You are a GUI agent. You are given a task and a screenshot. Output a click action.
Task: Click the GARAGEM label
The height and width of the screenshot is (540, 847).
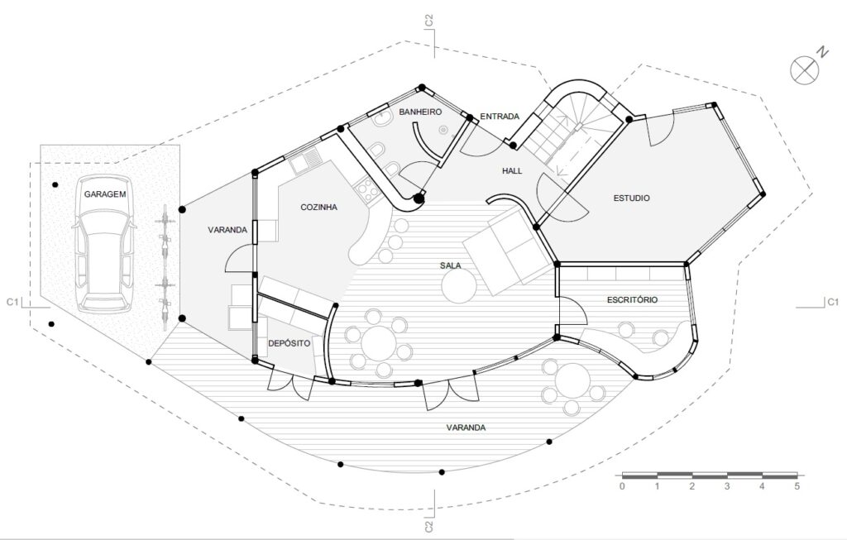click(105, 194)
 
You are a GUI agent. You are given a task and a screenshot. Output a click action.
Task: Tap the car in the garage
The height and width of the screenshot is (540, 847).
click(103, 244)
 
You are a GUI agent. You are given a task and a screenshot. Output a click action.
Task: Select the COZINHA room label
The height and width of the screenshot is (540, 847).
click(318, 207)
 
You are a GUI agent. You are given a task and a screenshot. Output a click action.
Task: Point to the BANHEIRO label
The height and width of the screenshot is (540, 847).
click(420, 112)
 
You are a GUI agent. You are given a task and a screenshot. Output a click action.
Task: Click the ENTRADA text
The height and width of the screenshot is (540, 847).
click(500, 116)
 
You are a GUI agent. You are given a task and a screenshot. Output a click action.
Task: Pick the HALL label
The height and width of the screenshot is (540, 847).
click(512, 170)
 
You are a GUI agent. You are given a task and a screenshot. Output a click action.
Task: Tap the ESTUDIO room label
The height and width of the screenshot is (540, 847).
click(631, 198)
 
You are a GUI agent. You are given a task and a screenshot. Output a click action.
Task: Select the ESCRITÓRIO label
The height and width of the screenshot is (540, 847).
click(632, 299)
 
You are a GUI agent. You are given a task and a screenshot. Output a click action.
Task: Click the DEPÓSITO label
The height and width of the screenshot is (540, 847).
click(290, 343)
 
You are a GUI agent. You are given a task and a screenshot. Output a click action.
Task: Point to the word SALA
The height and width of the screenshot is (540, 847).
click(451, 265)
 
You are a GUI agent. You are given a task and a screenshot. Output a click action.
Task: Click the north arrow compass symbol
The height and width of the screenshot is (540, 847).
click(805, 70)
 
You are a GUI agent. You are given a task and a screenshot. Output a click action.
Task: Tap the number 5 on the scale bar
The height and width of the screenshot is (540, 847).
click(797, 486)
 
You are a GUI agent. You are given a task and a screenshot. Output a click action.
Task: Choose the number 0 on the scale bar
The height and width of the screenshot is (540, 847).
click(622, 486)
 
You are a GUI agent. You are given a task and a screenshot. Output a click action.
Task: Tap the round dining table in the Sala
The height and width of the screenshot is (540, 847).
click(378, 342)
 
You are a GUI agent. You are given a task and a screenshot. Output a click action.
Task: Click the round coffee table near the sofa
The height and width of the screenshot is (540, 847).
click(458, 286)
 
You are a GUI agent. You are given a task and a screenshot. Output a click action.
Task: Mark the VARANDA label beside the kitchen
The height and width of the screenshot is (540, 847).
click(227, 230)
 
